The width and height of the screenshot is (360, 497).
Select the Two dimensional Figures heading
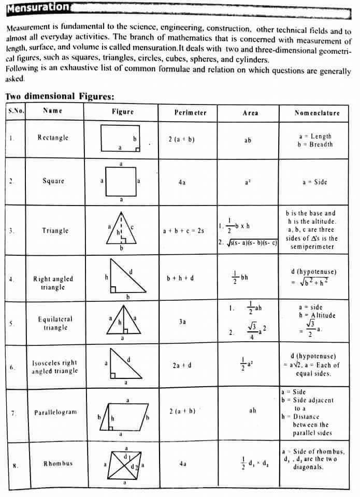tap(60, 96)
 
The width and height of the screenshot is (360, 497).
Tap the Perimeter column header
tap(190, 112)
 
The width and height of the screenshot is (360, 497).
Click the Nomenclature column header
tap(317, 112)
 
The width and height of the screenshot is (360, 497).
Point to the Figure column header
tap(123, 112)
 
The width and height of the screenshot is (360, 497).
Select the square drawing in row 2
tap(121, 181)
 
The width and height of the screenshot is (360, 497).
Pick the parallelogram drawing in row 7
tap(126, 416)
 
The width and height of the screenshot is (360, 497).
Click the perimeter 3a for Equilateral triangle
tap(182, 321)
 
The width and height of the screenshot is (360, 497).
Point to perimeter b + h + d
tap(180, 278)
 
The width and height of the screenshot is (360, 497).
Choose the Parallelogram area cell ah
tap(252, 411)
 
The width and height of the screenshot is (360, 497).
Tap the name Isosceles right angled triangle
tap(54, 367)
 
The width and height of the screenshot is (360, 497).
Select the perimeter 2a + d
tap(182, 366)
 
